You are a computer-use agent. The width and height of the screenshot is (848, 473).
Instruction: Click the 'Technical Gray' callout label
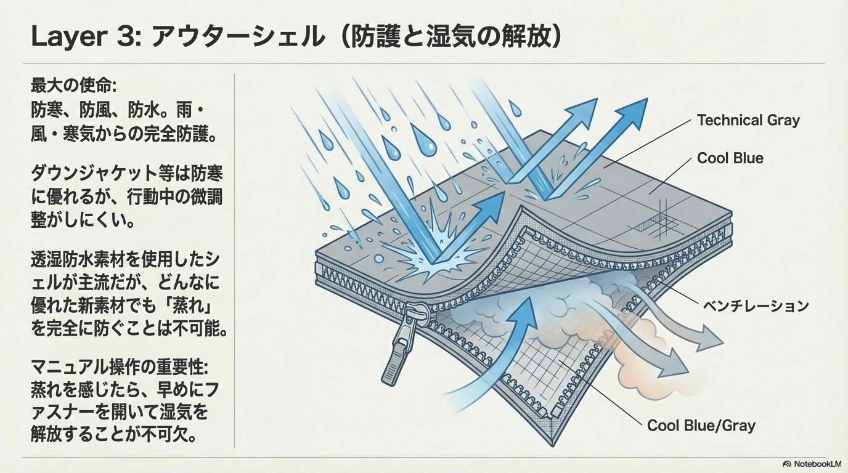click(748, 120)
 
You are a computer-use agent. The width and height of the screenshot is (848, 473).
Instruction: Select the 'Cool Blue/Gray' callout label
click(701, 426)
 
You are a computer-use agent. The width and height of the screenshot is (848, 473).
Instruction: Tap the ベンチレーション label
click(756, 305)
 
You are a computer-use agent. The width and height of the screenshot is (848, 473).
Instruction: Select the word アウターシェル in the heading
click(238, 37)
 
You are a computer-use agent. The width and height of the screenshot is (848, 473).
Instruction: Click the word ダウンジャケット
click(94, 173)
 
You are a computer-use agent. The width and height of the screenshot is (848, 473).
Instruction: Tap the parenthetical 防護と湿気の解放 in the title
click(450, 37)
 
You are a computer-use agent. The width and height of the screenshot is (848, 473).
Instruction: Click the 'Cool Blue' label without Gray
click(730, 158)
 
